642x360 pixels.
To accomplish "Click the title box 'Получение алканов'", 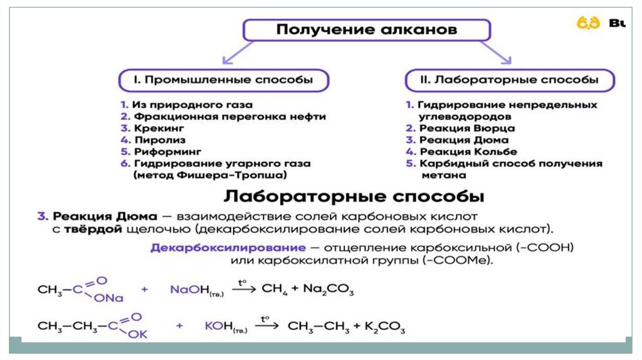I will coord(366,30).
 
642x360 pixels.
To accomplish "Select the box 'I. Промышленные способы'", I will coord(223,80).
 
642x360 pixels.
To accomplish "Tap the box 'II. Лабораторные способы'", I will coord(508,80).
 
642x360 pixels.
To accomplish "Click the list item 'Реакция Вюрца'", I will coord(458,129).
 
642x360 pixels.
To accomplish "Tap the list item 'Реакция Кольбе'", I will coord(461,152).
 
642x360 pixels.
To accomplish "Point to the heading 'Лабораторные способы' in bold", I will coord(354,196).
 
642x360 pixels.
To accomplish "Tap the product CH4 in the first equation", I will coord(274,290).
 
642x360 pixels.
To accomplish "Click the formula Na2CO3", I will coord(329,290).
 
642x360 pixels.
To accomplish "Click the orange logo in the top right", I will coord(589,23).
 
